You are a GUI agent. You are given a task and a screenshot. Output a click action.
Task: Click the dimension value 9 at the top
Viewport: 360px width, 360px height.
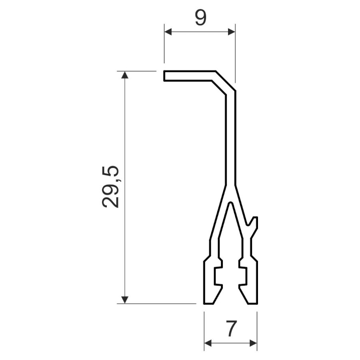tap(200, 18)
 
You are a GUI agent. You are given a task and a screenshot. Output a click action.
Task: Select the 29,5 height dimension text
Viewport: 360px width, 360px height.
tap(110, 186)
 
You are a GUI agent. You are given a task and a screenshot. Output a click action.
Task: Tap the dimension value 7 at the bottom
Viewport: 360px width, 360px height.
tap(231, 328)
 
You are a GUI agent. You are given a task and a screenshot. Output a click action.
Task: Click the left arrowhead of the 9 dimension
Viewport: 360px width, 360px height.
tap(168, 32)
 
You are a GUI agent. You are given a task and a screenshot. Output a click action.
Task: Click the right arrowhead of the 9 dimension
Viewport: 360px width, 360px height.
tap(232, 32)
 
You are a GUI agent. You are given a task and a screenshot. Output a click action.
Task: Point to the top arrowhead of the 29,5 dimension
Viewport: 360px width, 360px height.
tap(125, 75)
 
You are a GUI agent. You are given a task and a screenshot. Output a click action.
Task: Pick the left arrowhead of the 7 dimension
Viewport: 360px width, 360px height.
tap(208, 344)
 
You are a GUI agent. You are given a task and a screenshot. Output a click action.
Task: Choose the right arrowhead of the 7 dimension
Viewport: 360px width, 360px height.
tap(253, 344)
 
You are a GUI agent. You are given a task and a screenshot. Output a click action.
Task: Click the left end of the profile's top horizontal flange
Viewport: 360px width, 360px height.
tap(164, 76)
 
